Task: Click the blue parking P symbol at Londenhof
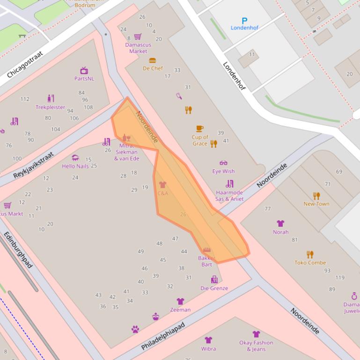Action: click(x=244, y=21)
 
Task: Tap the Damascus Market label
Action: click(x=138, y=48)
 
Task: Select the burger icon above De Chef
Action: click(x=152, y=60)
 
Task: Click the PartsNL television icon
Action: click(x=84, y=71)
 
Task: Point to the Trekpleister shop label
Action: click(x=51, y=107)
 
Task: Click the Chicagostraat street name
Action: click(x=25, y=65)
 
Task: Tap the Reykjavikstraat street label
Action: click(x=34, y=165)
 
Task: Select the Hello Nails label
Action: click(x=75, y=166)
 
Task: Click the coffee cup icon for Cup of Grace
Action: click(x=200, y=129)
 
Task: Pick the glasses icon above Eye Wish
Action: click(x=223, y=163)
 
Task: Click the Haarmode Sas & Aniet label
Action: click(x=229, y=195)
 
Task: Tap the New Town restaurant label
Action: click(x=316, y=204)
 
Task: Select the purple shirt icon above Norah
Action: click(x=280, y=223)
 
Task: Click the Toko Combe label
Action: click(x=310, y=263)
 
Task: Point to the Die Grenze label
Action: click(x=214, y=288)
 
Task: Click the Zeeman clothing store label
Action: click(x=180, y=310)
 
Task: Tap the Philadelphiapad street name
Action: click(x=163, y=336)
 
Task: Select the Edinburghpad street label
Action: click(x=18, y=250)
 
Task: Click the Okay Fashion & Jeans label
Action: click(x=256, y=346)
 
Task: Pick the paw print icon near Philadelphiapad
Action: click(x=135, y=329)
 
